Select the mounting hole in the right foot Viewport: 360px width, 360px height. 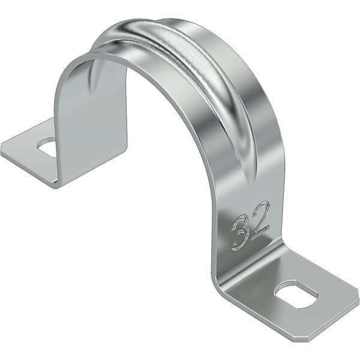[296, 295]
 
